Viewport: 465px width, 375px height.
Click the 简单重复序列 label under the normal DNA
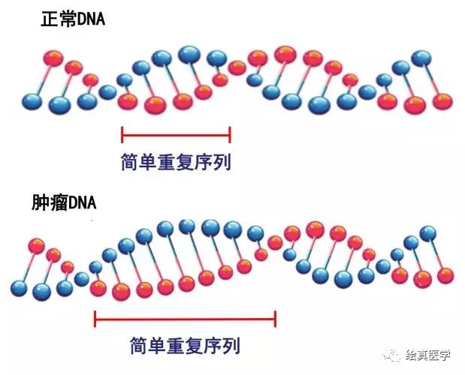176,162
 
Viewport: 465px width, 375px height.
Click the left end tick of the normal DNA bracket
122,135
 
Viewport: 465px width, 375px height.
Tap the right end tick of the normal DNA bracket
230,135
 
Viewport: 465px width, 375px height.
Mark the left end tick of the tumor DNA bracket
95,319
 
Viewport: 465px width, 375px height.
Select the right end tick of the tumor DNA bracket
276,319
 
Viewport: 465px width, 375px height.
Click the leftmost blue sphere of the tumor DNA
20,286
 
